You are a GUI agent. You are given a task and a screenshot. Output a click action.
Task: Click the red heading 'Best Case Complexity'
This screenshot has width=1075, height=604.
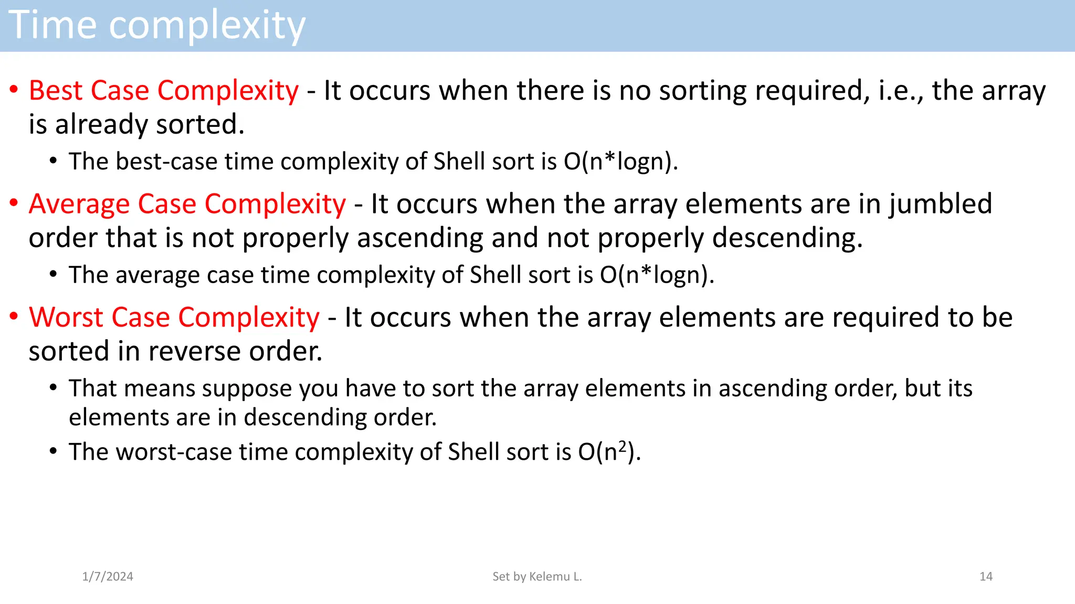click(x=164, y=91)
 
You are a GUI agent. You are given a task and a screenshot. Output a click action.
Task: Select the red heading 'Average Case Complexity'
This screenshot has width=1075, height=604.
click(x=187, y=204)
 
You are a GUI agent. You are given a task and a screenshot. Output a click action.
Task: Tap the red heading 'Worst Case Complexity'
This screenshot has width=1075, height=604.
click(x=174, y=318)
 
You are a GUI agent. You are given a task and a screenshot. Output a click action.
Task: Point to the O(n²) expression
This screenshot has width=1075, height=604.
click(x=609, y=452)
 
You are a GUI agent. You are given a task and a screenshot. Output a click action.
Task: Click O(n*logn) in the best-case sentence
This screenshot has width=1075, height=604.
click(x=620, y=161)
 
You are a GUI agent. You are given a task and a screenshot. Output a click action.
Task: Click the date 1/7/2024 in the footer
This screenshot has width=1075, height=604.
click(x=108, y=577)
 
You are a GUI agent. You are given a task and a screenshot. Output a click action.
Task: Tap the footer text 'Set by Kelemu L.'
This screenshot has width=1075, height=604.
click(x=537, y=577)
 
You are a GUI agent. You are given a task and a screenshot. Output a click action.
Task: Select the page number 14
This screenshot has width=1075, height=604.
click(x=986, y=577)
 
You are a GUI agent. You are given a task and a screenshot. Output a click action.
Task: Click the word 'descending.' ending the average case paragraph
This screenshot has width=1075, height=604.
click(x=787, y=238)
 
